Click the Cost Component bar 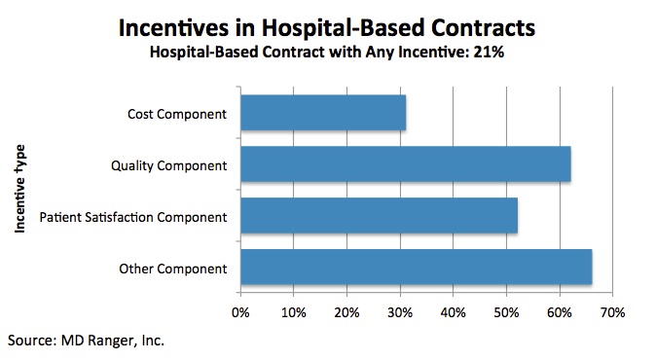coord(322,114)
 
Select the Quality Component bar coord(405,164)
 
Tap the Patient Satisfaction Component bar coord(379,216)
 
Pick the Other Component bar coord(416,268)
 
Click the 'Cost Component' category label coord(177,114)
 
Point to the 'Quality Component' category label coord(169,165)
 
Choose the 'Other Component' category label coord(173,268)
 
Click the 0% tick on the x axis coord(240,312)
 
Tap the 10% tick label coord(293,312)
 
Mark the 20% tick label coord(346,312)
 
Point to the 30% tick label coord(399,312)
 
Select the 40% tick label coord(453,312)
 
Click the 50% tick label coord(505,312)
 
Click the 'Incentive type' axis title coord(19,188)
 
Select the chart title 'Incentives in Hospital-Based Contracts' coord(328,26)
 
